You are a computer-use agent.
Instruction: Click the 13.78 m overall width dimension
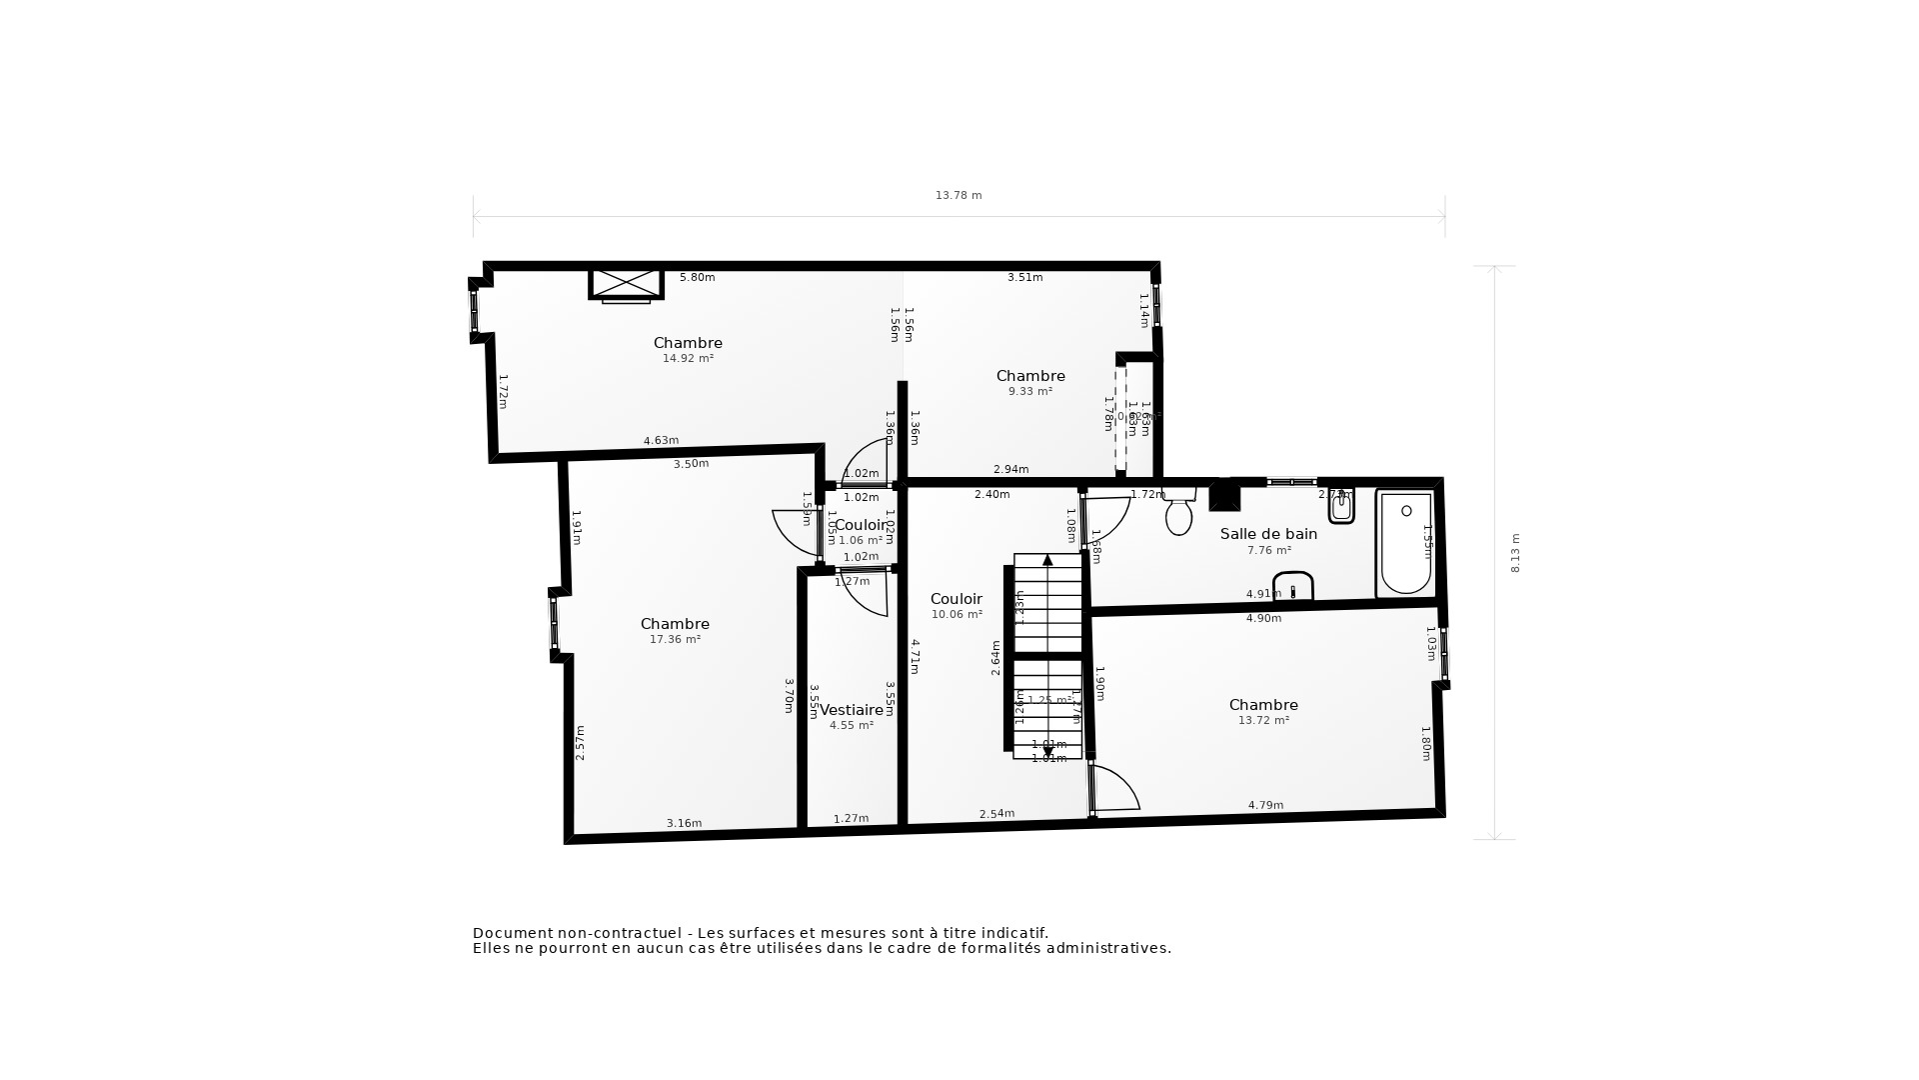click(959, 196)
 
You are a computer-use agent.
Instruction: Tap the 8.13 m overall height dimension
click(1515, 553)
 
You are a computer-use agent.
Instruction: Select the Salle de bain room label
click(1268, 534)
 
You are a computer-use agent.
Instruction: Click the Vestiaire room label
click(852, 710)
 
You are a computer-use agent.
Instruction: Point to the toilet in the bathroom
click(1179, 514)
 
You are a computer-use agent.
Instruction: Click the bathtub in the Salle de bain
click(1405, 544)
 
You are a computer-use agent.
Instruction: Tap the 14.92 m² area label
click(688, 358)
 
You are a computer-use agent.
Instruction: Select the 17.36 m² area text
click(675, 639)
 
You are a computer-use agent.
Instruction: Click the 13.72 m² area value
click(1263, 720)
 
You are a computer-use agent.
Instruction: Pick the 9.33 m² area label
click(1030, 391)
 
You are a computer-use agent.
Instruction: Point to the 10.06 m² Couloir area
click(957, 615)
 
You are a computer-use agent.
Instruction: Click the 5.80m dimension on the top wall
click(697, 277)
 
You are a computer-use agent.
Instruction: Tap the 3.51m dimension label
click(1024, 277)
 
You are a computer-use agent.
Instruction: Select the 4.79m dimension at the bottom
click(1265, 805)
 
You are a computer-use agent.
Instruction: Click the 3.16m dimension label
click(684, 823)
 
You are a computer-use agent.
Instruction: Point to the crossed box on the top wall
click(627, 283)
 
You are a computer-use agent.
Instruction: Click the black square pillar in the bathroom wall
click(1224, 496)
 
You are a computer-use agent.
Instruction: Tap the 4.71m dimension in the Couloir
click(915, 656)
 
